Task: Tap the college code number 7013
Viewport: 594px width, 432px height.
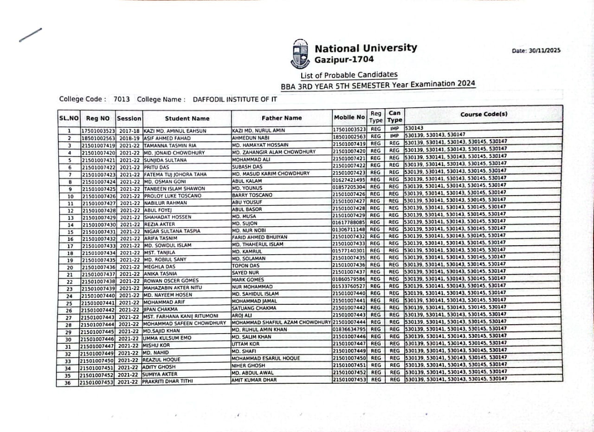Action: click(122, 99)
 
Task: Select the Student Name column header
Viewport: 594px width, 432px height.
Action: click(187, 118)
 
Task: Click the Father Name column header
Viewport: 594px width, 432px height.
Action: click(281, 118)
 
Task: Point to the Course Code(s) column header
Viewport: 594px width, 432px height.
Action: click(484, 114)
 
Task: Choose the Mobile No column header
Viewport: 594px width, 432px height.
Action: click(349, 118)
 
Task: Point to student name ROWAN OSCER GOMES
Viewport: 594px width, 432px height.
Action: click(170, 281)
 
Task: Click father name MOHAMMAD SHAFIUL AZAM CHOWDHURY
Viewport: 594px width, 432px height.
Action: click(281, 322)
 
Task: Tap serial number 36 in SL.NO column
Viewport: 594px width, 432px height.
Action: click(68, 383)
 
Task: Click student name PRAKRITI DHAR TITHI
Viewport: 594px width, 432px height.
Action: click(168, 381)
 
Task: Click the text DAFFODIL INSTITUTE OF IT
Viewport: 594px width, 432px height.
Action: click(235, 99)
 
